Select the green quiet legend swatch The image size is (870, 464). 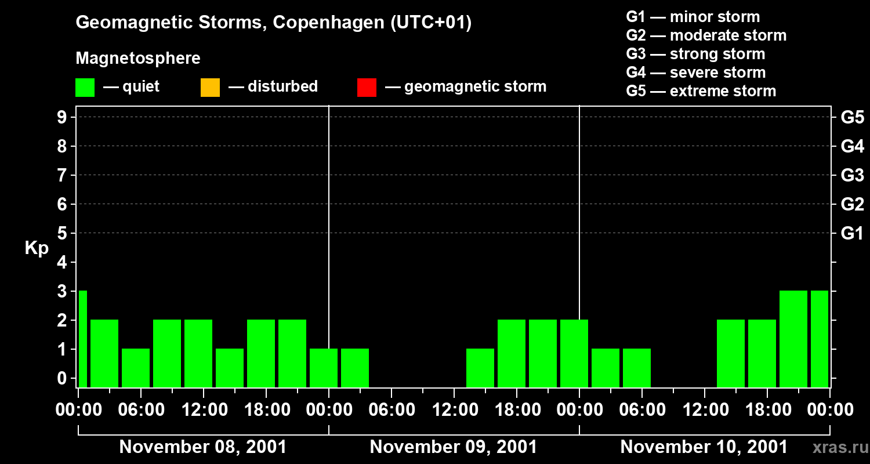[85, 87]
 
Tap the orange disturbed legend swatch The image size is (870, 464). [210, 87]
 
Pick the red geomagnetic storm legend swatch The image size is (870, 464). [367, 87]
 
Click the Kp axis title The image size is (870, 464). [37, 248]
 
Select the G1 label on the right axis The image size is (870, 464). [852, 233]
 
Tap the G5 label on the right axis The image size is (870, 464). [852, 117]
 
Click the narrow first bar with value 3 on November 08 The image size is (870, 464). [82, 339]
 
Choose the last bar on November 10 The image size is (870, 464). [819, 339]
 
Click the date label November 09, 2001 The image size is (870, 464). [453, 447]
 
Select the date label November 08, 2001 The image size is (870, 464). [202, 447]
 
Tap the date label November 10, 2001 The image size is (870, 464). [704, 447]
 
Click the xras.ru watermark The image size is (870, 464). [836, 447]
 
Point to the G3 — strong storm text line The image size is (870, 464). [695, 54]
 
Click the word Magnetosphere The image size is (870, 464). [138, 59]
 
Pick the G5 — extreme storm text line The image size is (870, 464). [701, 91]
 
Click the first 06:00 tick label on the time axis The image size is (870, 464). [141, 410]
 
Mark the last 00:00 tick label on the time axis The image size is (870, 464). [829, 410]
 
